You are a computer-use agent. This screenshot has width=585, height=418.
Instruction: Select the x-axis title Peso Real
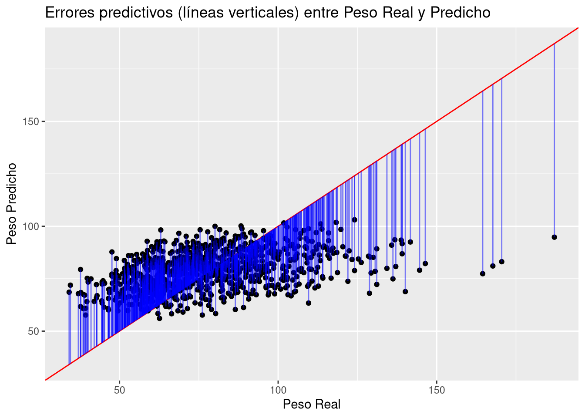[x=312, y=405]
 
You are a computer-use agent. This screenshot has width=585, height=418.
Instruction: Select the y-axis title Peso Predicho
[x=12, y=203]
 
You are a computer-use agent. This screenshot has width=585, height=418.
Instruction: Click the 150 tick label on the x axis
[x=437, y=389]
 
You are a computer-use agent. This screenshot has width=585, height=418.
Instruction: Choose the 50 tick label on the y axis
[x=34, y=331]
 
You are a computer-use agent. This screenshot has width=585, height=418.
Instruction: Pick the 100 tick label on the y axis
[x=31, y=226]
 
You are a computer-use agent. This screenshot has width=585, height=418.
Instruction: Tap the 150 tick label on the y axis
[x=31, y=121]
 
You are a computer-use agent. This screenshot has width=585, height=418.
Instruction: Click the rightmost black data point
[x=554, y=237]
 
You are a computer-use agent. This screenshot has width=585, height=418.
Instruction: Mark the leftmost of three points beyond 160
[x=482, y=273]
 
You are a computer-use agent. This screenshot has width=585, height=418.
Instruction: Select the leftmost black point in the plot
[x=69, y=292]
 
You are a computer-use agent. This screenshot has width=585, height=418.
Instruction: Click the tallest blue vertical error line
[x=554, y=139]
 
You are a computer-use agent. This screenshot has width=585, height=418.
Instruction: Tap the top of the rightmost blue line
[x=554, y=44]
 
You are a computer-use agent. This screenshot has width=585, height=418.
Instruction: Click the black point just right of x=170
[x=501, y=262]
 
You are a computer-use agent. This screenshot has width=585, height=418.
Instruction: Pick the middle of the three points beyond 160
[x=493, y=266]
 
